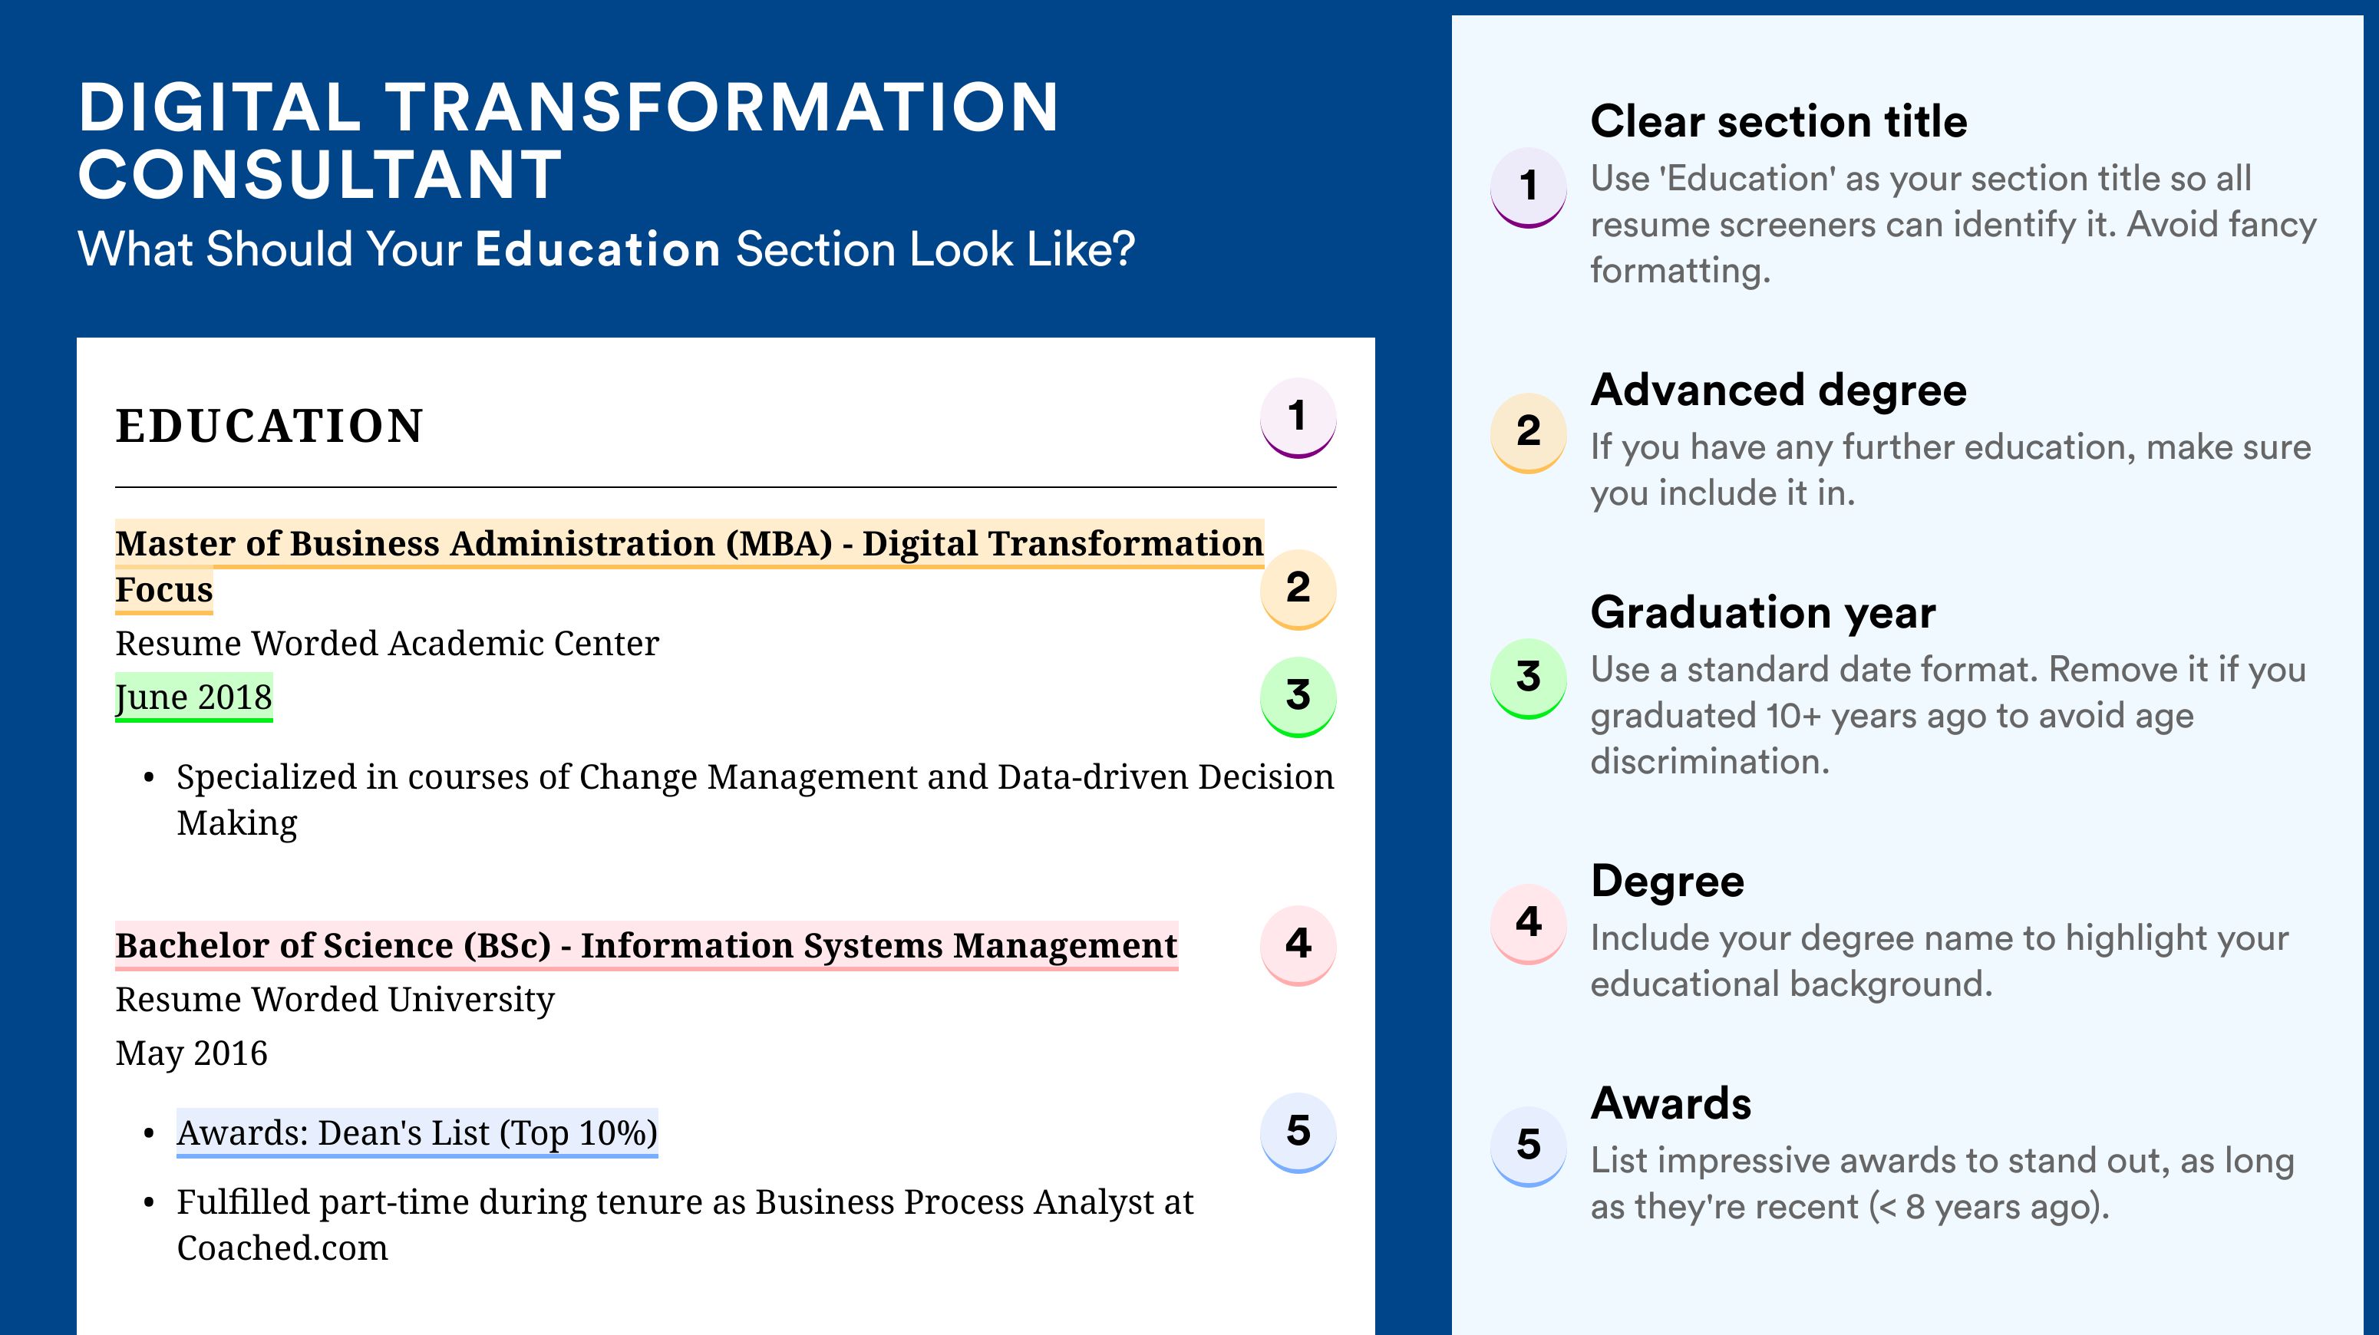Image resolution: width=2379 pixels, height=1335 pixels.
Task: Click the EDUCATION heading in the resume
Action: click(x=269, y=426)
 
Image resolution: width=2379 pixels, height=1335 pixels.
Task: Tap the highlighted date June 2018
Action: click(x=194, y=697)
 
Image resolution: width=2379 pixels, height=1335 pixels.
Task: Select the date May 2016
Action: click(x=191, y=1053)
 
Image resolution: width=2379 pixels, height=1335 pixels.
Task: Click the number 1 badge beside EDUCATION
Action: click(x=1298, y=417)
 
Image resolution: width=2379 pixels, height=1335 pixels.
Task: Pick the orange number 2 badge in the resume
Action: click(x=1298, y=589)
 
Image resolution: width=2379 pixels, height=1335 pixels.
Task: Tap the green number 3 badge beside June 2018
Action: click(x=1298, y=696)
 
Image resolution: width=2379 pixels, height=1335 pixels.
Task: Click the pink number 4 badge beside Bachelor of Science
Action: click(x=1298, y=945)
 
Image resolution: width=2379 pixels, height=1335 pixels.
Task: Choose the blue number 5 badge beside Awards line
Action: click(x=1298, y=1132)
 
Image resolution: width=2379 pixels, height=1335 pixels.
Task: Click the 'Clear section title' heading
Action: click(x=1779, y=122)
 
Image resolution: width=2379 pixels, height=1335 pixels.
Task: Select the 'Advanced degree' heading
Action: click(x=1779, y=391)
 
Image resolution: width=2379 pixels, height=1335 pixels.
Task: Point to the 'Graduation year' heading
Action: click(x=1763, y=613)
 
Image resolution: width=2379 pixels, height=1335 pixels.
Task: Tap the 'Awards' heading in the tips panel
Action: click(x=1671, y=1103)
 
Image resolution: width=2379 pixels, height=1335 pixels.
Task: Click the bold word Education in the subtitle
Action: click(x=598, y=249)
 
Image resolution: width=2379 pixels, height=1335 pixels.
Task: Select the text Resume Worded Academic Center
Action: click(x=387, y=644)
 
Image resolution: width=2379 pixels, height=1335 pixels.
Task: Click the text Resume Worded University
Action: click(x=335, y=1000)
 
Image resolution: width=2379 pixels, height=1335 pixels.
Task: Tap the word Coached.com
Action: click(x=282, y=1248)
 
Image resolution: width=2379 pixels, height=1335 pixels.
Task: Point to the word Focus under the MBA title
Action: click(x=164, y=590)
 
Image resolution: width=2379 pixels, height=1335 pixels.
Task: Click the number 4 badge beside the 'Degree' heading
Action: click(x=1529, y=923)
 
